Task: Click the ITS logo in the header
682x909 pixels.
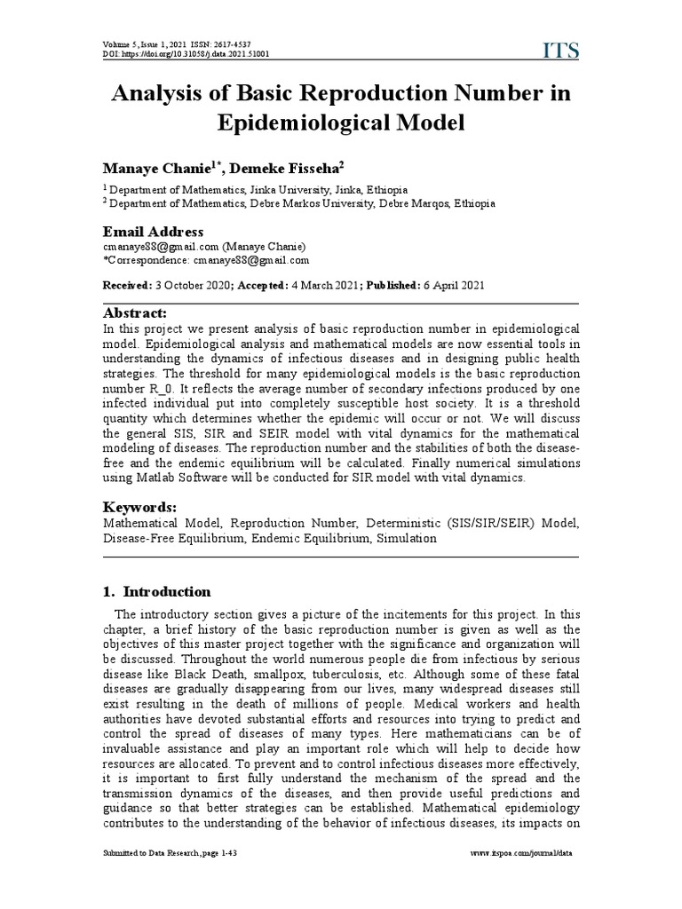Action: [x=560, y=51]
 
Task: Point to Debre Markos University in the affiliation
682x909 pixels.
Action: [x=302, y=202]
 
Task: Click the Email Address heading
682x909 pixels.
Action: [x=153, y=232]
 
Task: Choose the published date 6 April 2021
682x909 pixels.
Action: [x=452, y=285]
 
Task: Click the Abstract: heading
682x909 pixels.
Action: [x=135, y=312]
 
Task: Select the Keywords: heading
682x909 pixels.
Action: [x=139, y=507]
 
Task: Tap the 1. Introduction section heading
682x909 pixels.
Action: [x=157, y=591]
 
